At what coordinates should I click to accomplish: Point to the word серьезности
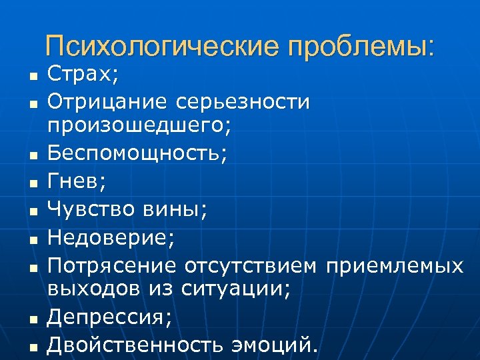(243, 102)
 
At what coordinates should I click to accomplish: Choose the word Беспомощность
(134, 153)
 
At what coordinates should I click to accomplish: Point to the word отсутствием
(250, 266)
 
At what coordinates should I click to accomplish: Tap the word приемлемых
(393, 266)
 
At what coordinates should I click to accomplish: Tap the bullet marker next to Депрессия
(31, 319)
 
